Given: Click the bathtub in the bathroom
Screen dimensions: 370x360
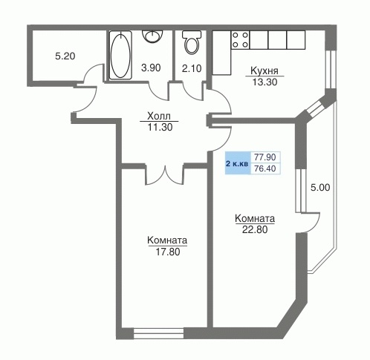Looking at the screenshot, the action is click(x=120, y=55).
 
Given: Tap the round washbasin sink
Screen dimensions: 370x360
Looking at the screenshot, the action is click(x=152, y=36).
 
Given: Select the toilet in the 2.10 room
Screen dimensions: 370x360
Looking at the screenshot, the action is click(x=192, y=42).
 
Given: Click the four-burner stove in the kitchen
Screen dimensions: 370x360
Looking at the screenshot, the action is click(x=240, y=40).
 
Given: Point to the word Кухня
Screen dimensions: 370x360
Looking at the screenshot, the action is click(x=264, y=71).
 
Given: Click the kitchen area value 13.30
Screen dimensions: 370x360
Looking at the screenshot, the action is click(x=264, y=82).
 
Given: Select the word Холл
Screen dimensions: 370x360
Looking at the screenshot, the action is click(x=159, y=116).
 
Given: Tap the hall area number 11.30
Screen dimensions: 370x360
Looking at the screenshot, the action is click(x=160, y=127).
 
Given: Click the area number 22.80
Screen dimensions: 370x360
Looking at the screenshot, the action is click(x=255, y=229).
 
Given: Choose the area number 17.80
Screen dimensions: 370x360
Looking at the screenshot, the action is click(x=168, y=252).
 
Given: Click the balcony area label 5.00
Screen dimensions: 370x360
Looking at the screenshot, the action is click(x=320, y=188).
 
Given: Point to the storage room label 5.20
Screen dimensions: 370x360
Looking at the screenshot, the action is click(x=65, y=56).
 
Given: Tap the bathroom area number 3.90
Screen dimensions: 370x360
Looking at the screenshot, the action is click(x=151, y=68).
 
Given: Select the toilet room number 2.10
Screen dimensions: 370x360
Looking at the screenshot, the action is click(x=192, y=68).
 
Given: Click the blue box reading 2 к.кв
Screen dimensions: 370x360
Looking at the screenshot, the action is click(x=237, y=163).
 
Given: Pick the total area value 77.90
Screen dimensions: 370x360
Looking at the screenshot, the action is click(x=265, y=157).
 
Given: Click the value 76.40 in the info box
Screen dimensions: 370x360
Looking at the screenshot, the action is click(x=265, y=168).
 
